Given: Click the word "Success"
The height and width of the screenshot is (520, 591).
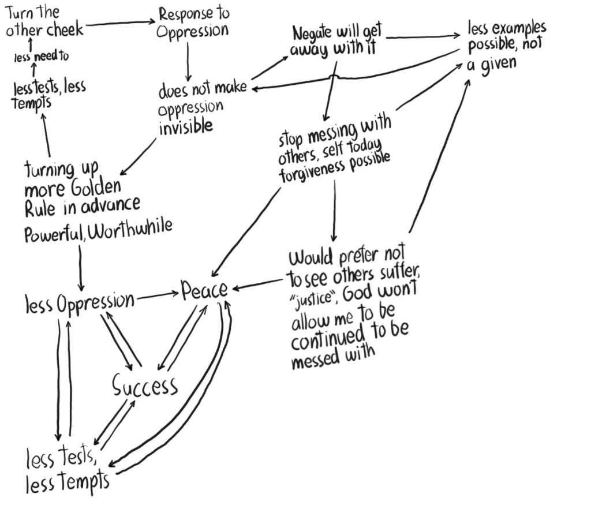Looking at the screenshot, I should (x=145, y=386).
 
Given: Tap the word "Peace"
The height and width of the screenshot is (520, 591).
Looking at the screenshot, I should (x=204, y=290).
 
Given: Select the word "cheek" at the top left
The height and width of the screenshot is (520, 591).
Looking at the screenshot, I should (x=65, y=29).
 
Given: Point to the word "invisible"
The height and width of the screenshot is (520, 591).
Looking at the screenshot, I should (x=186, y=126).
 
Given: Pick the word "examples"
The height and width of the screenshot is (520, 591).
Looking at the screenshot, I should (x=517, y=28).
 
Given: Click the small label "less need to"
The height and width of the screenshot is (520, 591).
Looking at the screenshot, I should (x=41, y=57).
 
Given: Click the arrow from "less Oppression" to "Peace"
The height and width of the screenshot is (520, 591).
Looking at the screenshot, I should (x=157, y=295).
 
